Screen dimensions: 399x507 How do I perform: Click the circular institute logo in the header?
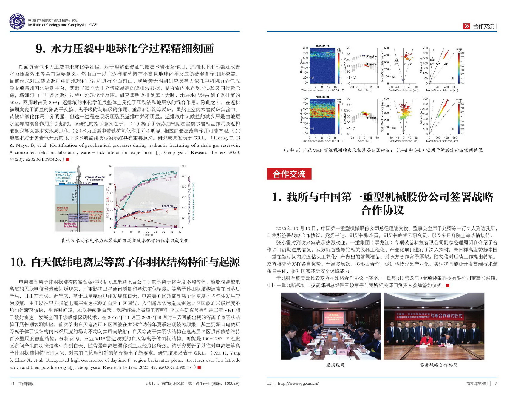pyautogui.click(x=17, y=22)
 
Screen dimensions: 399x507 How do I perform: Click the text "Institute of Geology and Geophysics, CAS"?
pyautogui.click(x=62, y=25)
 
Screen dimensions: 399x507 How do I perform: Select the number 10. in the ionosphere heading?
pyautogui.click(x=18, y=262)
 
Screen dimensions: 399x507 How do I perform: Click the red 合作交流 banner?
pyautogui.click(x=289, y=174)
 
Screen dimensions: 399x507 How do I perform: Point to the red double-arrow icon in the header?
pyautogui.click(x=466, y=26)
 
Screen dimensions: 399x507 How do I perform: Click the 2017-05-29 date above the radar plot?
pyautogui.click(x=322, y=46)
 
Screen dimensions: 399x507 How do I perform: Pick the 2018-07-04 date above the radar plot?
pyautogui.click(x=322, y=97)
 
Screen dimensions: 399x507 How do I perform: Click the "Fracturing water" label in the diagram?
pyautogui.click(x=65, y=172)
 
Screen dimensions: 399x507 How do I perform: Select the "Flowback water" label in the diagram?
pyautogui.click(x=95, y=177)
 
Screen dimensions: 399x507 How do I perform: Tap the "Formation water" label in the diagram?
pyautogui.click(x=93, y=211)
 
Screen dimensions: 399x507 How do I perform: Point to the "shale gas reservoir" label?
pyautogui.click(x=63, y=209)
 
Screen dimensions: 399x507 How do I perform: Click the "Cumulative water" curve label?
pyautogui.click(x=163, y=173)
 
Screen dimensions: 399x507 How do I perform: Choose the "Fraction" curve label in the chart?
pyautogui.click(x=167, y=206)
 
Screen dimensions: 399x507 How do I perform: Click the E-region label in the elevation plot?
pyautogui.click(x=372, y=56)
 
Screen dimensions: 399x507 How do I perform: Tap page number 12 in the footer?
pyautogui.click(x=495, y=383)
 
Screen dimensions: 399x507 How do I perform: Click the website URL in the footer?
pyautogui.click(x=298, y=383)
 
